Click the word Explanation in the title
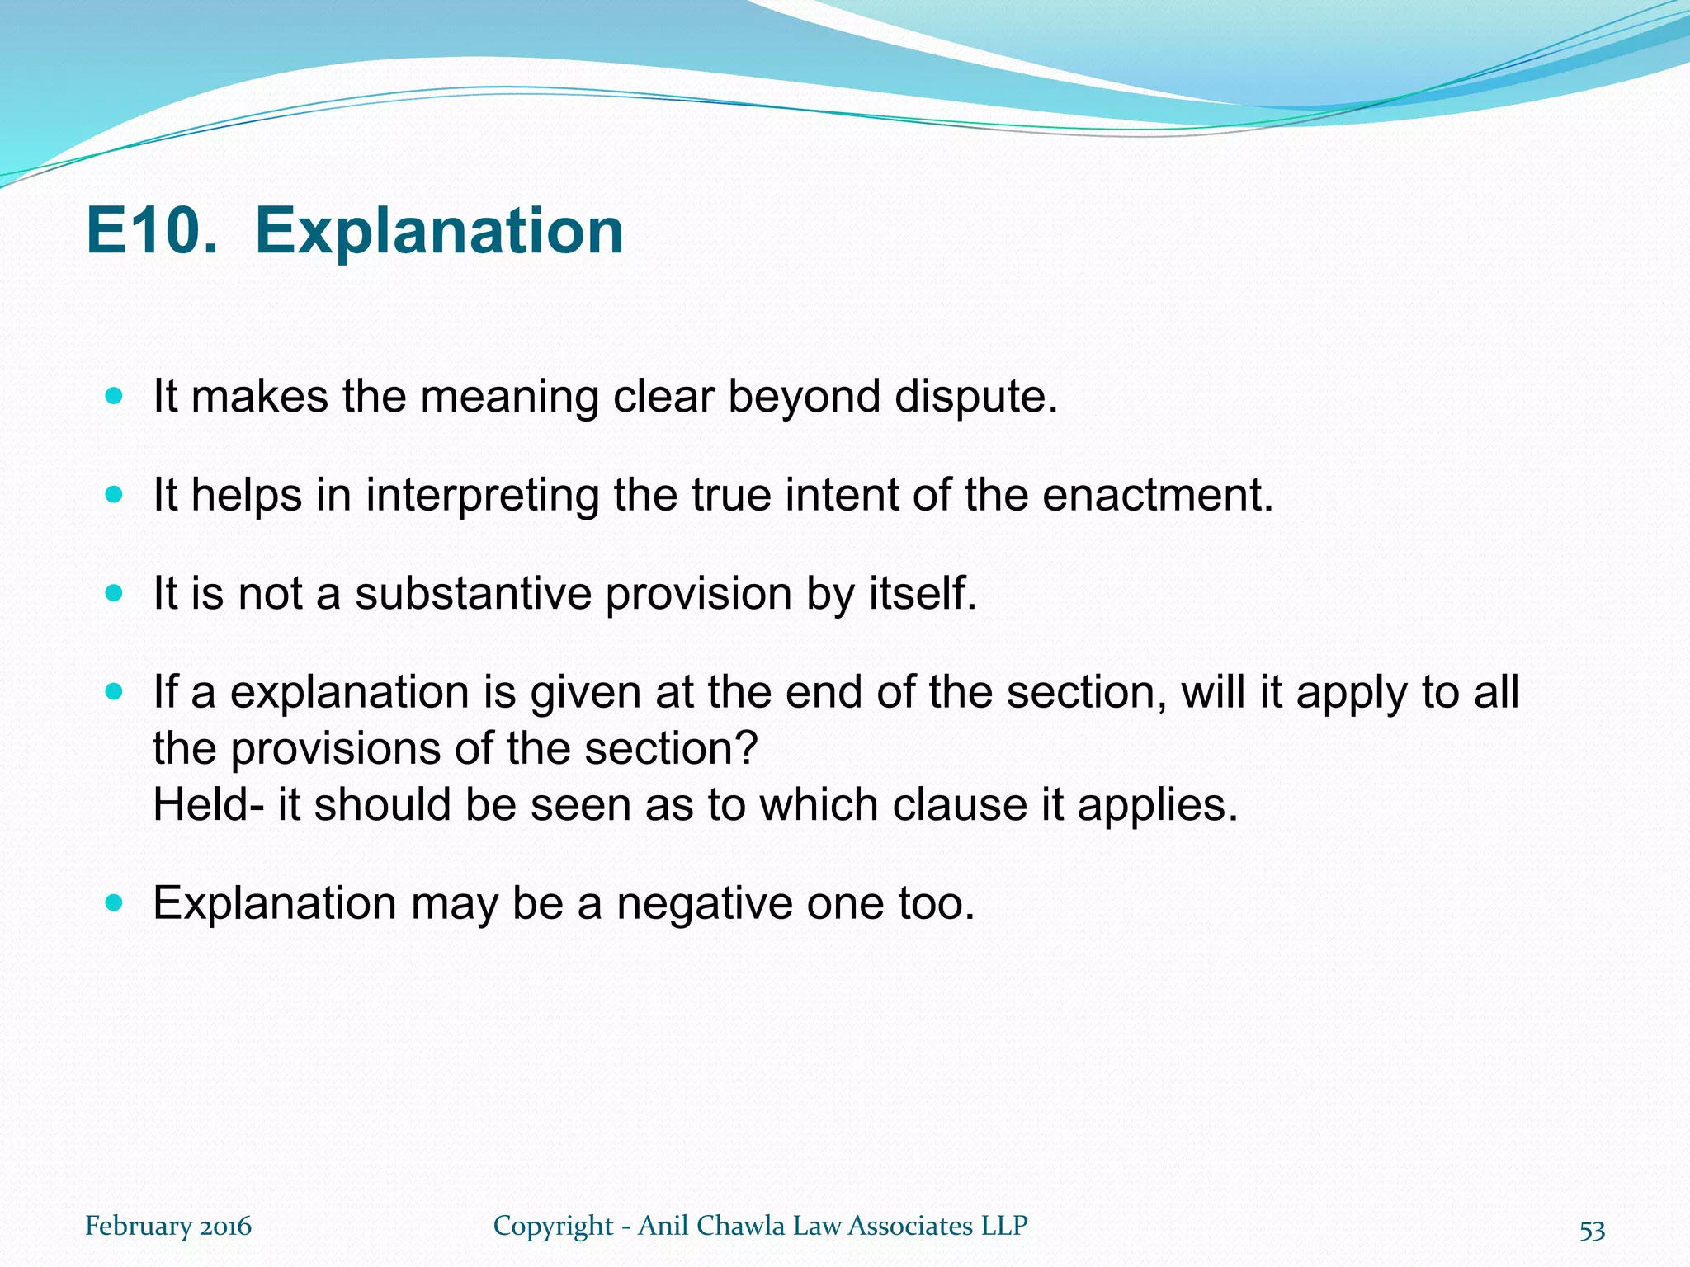(439, 233)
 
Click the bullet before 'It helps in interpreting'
(115, 495)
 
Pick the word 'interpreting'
(482, 497)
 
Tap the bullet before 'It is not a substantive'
(115, 593)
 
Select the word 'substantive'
(474, 594)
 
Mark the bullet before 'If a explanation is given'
(115, 691)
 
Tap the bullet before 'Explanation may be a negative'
(115, 902)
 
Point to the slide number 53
(1592, 1230)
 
